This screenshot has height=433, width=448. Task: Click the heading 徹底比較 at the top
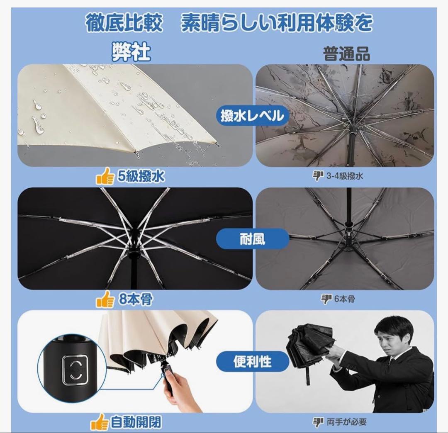124,23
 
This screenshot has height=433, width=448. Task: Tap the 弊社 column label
131,52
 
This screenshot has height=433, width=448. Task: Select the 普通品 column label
346,54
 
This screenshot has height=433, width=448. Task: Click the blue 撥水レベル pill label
252,116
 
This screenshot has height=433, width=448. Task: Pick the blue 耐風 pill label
252,239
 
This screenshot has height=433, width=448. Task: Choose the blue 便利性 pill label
252,362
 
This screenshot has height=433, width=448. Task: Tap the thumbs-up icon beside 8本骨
105,299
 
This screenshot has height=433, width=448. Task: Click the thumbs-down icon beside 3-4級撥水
318,176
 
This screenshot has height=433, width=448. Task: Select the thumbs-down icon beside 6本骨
326,299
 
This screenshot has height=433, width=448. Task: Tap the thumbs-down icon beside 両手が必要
318,422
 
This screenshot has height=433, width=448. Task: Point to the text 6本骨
345,299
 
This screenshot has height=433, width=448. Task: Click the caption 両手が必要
346,422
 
